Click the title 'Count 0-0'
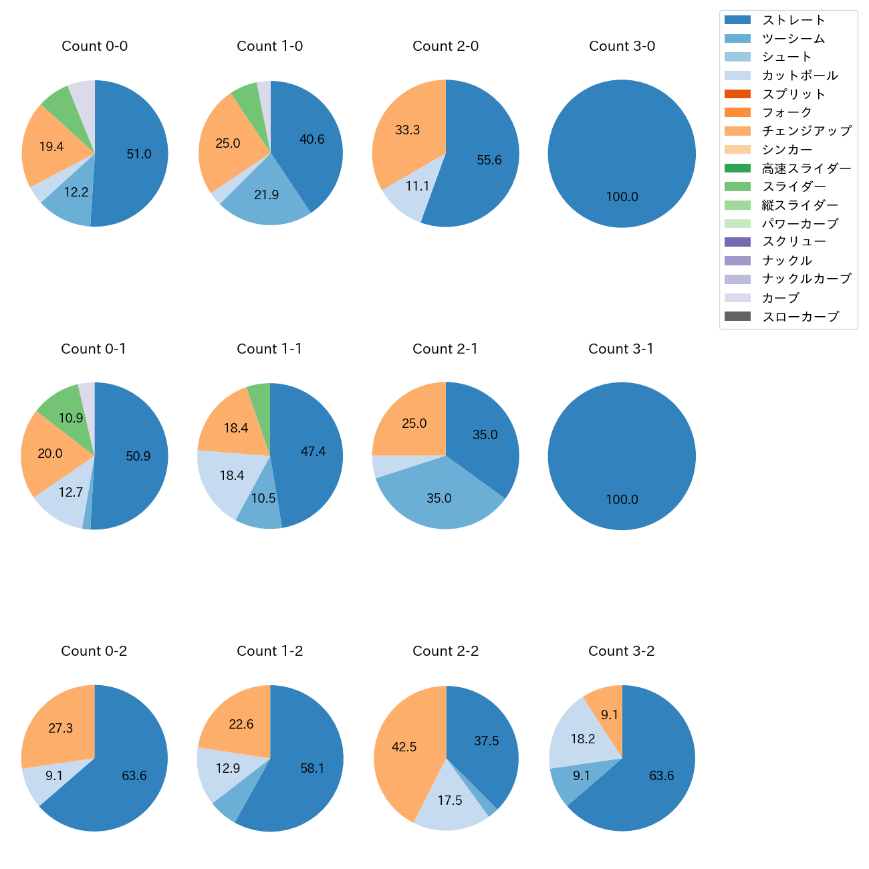(x=95, y=46)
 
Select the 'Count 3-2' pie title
(x=621, y=651)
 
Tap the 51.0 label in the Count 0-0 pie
(x=139, y=154)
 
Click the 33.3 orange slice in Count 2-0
(x=407, y=130)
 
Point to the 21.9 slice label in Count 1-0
(x=266, y=195)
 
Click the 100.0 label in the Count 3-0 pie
(x=622, y=197)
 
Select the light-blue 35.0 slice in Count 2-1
(x=439, y=499)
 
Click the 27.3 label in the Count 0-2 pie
(x=61, y=729)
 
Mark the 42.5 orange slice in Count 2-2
(x=404, y=747)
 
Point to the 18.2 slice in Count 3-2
(x=582, y=739)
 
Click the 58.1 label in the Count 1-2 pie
(x=312, y=769)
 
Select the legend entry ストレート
(x=793, y=20)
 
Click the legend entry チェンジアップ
(x=806, y=131)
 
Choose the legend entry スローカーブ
(x=800, y=317)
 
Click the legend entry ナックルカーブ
(x=806, y=279)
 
